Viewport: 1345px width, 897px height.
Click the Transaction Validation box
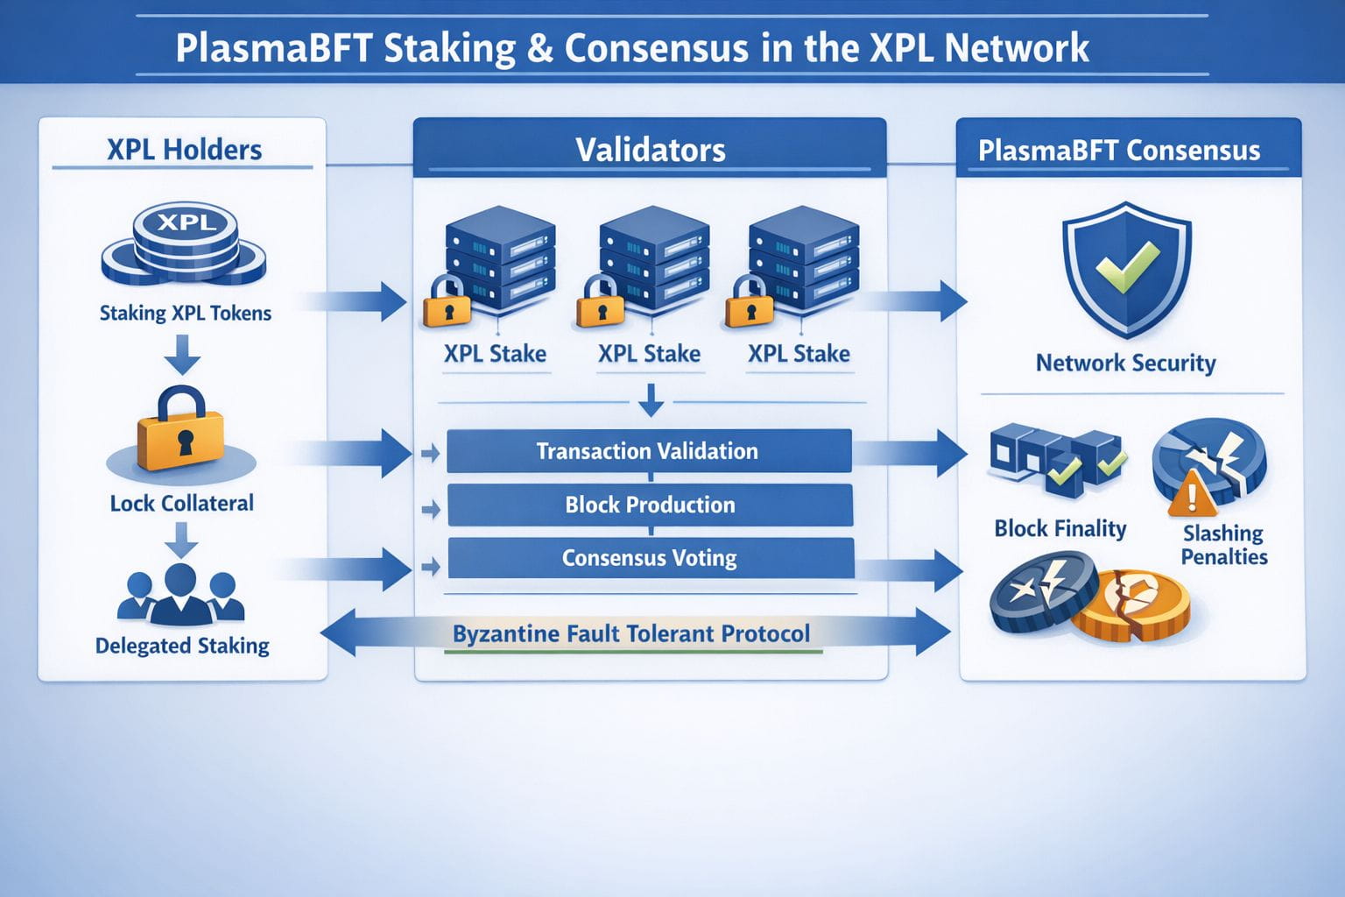tap(648, 451)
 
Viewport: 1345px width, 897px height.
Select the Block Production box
tap(650, 505)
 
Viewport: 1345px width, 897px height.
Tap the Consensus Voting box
tap(650, 558)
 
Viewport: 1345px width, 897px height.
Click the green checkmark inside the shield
tap(1127, 265)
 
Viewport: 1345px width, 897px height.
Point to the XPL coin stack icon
tap(184, 245)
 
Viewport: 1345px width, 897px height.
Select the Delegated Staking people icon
tap(181, 595)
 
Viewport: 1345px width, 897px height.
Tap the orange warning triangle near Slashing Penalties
tap(1191, 493)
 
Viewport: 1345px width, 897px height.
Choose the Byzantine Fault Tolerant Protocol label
tap(631, 633)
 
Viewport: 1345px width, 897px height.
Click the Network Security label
tap(1125, 363)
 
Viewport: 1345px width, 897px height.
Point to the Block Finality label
tap(1060, 528)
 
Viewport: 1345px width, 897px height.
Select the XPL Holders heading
tap(184, 150)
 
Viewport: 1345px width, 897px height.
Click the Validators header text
tap(650, 150)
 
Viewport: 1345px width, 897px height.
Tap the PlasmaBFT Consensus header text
tap(1119, 151)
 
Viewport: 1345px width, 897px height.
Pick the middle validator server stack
tap(652, 258)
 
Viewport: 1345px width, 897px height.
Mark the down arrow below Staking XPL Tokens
tap(182, 356)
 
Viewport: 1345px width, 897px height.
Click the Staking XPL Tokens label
tap(185, 313)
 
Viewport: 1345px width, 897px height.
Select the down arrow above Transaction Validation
tap(651, 400)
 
